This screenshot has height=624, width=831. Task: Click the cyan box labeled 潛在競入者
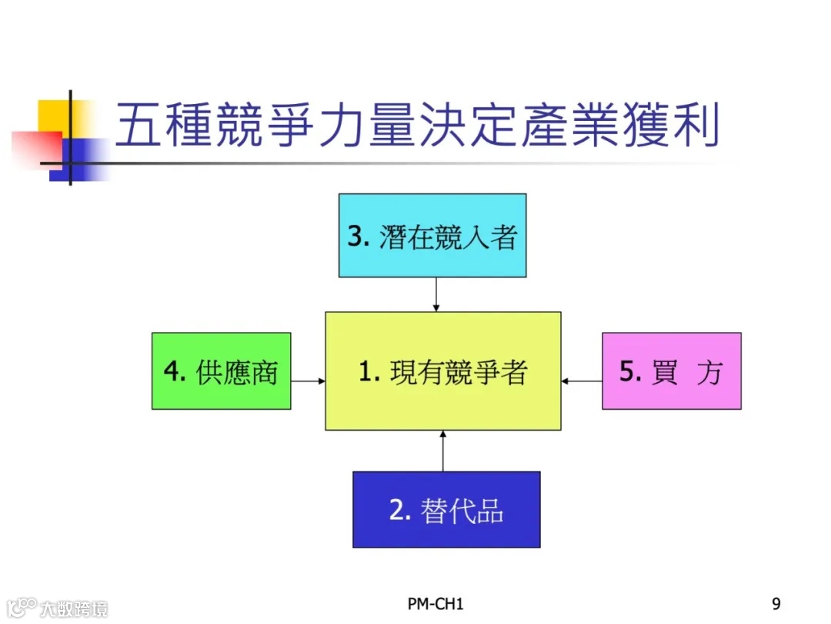click(x=432, y=235)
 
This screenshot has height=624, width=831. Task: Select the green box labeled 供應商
click(x=221, y=371)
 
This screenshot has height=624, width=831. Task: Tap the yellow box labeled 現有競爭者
click(x=442, y=371)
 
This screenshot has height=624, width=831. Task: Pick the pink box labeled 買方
click(x=671, y=371)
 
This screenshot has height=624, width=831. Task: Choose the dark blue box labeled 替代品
click(x=446, y=509)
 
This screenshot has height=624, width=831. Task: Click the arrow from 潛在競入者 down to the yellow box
click(x=436, y=294)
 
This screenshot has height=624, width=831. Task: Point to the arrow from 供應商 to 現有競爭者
click(x=308, y=381)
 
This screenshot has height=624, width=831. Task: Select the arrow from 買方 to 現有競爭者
click(x=582, y=381)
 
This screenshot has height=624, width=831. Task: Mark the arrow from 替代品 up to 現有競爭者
click(x=443, y=451)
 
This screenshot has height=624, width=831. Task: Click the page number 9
click(x=776, y=603)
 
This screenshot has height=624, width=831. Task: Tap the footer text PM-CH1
click(x=436, y=603)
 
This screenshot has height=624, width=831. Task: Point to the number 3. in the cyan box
click(x=359, y=236)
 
